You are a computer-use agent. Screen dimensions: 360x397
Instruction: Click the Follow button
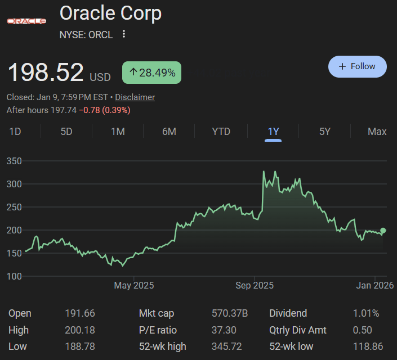[357, 66]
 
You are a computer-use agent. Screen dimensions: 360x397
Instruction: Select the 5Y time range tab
[325, 132]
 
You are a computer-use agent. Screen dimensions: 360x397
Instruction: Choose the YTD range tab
[221, 132]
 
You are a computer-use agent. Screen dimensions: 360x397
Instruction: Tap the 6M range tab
[169, 132]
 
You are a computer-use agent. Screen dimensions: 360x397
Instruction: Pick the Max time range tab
[377, 132]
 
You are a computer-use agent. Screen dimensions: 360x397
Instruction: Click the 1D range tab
[15, 132]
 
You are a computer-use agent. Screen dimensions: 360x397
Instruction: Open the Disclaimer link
[135, 97]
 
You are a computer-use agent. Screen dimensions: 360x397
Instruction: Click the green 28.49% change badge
[151, 73]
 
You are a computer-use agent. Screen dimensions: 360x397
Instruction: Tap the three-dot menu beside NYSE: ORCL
[124, 34]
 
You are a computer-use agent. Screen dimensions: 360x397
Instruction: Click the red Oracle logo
[26, 21]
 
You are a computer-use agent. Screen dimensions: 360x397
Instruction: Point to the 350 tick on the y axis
[14, 161]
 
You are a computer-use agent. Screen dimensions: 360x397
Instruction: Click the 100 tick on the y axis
[14, 276]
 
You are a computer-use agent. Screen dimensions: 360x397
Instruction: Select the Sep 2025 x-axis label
[255, 286]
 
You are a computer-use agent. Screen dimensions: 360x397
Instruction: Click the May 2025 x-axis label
[133, 286]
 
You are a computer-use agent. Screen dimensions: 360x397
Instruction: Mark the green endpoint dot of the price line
[383, 230]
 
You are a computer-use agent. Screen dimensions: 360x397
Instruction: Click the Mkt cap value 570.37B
[230, 313]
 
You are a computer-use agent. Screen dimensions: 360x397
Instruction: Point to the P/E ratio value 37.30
[224, 330]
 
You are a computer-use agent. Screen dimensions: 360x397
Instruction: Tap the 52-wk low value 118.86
[365, 346]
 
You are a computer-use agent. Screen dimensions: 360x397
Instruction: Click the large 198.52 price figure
[46, 73]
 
